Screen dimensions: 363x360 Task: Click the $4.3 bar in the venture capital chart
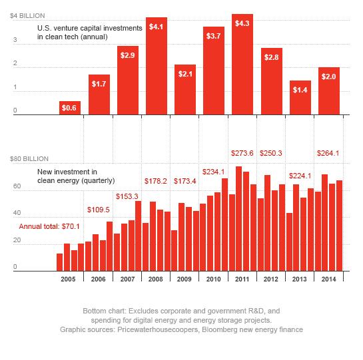pyautogui.click(x=242, y=65)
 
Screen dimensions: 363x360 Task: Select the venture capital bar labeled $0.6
pyautogui.click(x=70, y=108)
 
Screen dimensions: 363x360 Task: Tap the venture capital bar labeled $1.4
pyautogui.click(x=300, y=98)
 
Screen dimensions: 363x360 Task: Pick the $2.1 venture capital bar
pyautogui.click(x=185, y=90)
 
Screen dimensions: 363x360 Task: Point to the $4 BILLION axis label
pyautogui.click(x=27, y=16)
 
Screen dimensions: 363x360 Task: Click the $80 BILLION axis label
pyautogui.click(x=29, y=159)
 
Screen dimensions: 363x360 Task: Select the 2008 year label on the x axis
pyautogui.click(x=156, y=279)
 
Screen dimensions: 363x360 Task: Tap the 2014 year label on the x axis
pyautogui.click(x=328, y=279)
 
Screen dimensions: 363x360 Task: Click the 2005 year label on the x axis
pyautogui.click(x=68, y=279)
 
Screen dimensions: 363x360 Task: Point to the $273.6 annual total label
pyautogui.click(x=242, y=153)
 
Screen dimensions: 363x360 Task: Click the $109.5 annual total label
pyautogui.click(x=99, y=210)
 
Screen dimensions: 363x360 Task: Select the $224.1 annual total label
pyautogui.click(x=300, y=176)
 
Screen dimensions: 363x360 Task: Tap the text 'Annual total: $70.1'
pyautogui.click(x=49, y=226)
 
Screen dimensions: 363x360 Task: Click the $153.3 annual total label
pyautogui.click(x=127, y=196)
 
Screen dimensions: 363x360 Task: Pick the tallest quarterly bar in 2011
pyautogui.click(x=238, y=219)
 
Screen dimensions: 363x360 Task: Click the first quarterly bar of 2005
pyautogui.click(x=59, y=262)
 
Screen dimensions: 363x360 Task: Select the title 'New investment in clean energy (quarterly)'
pyautogui.click(x=76, y=176)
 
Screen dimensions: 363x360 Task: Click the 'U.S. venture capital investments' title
pyautogui.click(x=90, y=28)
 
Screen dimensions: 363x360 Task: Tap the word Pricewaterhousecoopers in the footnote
pyautogui.click(x=158, y=329)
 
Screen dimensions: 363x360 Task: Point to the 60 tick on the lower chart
pyautogui.click(x=17, y=186)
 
